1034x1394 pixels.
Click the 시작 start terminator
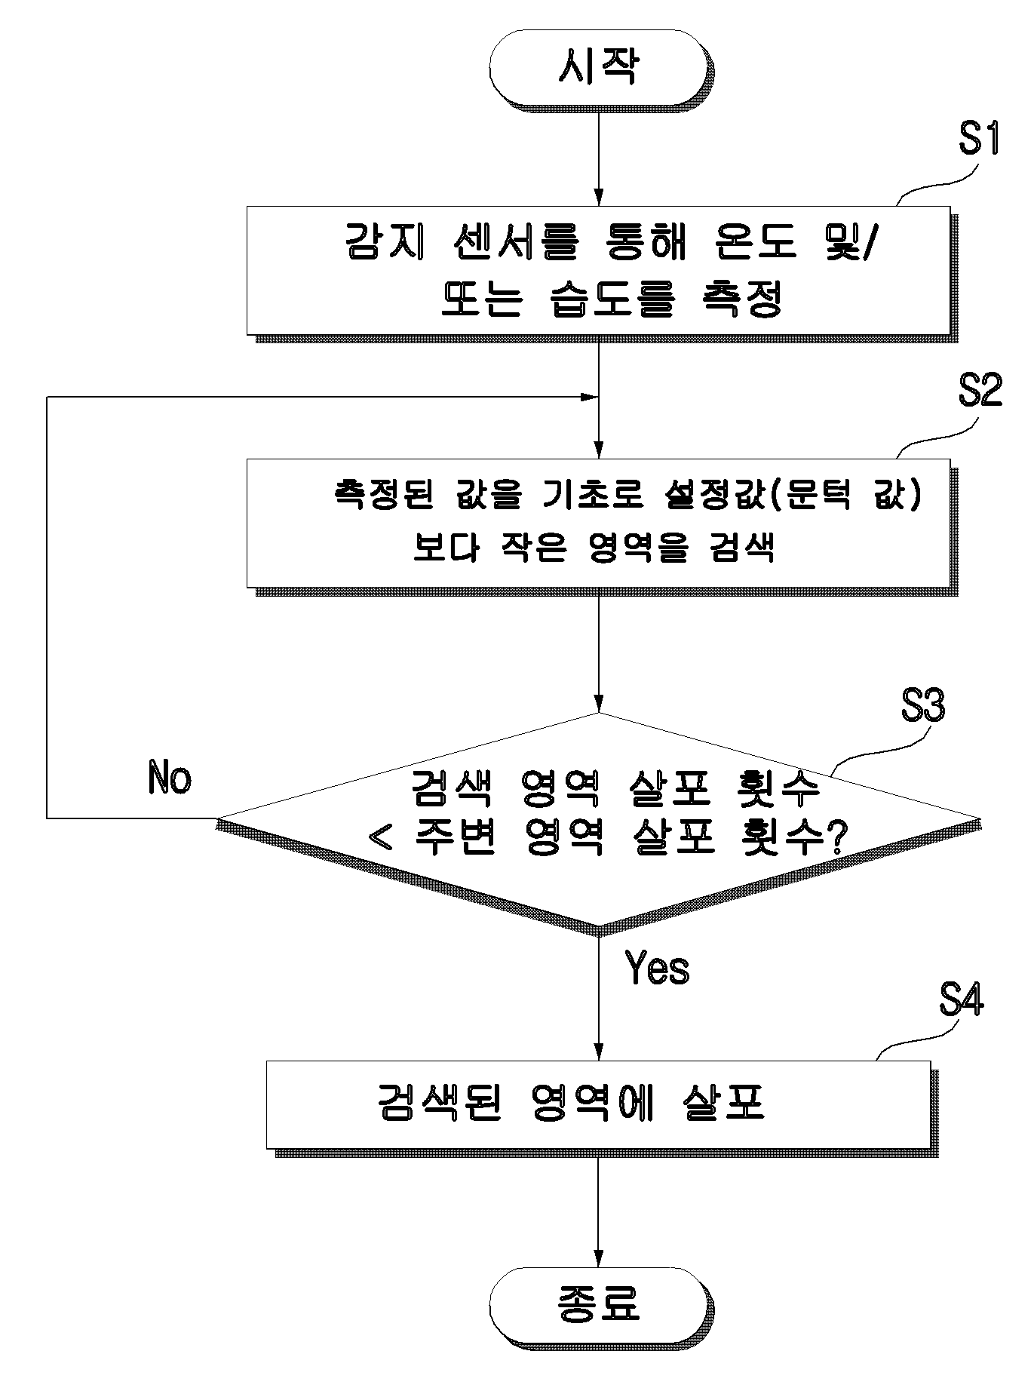pos(599,68)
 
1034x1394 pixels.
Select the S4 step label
pos(961,1001)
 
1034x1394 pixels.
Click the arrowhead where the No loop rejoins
pos(588,397)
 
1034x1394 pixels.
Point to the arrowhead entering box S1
pos(599,198)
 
